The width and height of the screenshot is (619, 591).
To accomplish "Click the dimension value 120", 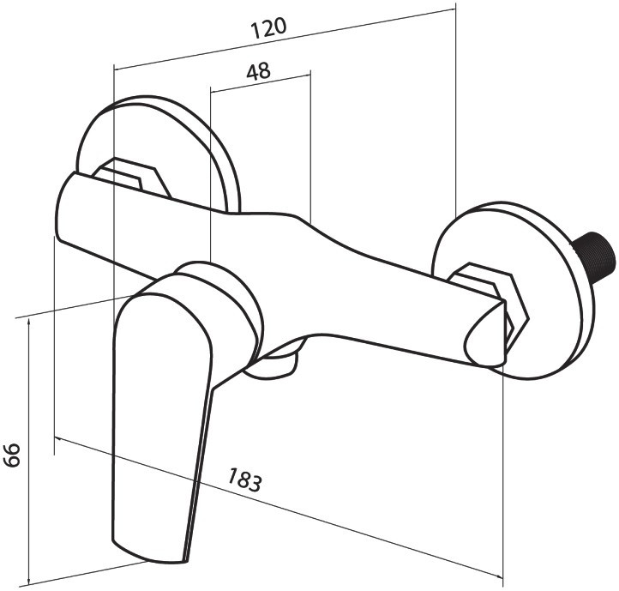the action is pos(268,28).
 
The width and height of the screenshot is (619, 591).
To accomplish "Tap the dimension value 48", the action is pos(259,71).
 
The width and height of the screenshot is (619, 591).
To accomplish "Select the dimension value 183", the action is pos(244,479).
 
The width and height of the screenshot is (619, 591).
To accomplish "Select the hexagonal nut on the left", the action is pos(132,178).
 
